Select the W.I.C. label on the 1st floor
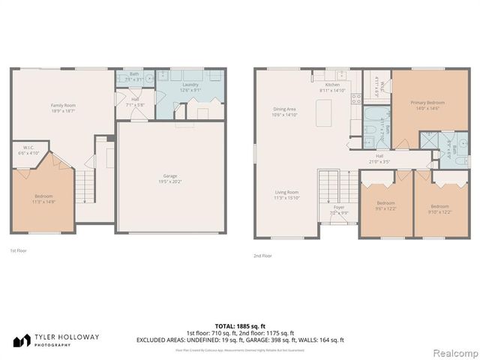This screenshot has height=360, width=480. click(x=27, y=148)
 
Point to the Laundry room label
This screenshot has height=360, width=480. click(x=190, y=85)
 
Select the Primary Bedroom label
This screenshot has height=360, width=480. click(x=427, y=102)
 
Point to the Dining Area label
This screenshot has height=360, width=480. click(x=285, y=110)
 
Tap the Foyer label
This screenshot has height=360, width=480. click(x=339, y=207)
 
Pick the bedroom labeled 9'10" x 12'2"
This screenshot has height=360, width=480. click(x=439, y=211)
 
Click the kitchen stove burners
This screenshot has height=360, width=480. click(x=356, y=97)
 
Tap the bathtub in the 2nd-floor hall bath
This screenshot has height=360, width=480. click(x=372, y=116)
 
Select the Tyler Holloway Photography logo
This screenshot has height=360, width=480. click(x=55, y=340)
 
